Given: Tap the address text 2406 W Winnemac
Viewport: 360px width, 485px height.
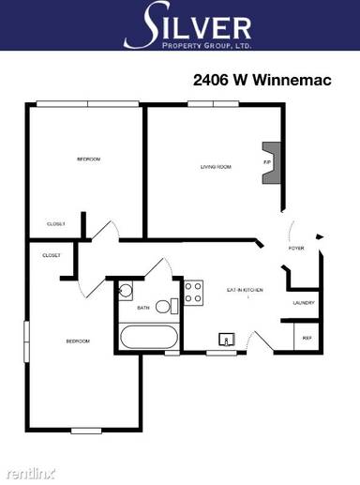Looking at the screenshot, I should (x=263, y=81).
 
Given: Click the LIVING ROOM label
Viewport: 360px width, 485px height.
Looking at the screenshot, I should (x=216, y=167).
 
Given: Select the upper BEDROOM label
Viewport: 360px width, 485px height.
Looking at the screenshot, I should (x=88, y=159).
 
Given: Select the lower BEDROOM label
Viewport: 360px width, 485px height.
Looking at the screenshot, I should (x=77, y=341).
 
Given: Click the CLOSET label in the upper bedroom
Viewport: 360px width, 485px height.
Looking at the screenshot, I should (x=56, y=223).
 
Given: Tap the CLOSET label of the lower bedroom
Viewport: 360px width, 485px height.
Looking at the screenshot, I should (x=52, y=255).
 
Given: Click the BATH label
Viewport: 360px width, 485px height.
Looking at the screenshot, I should (x=143, y=308).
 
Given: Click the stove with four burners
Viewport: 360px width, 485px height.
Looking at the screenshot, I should (x=194, y=293).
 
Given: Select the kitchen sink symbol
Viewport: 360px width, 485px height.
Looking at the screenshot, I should (x=226, y=340).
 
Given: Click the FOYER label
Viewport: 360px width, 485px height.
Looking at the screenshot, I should (x=296, y=249).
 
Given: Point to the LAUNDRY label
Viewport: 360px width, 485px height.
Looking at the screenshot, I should (x=303, y=302).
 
